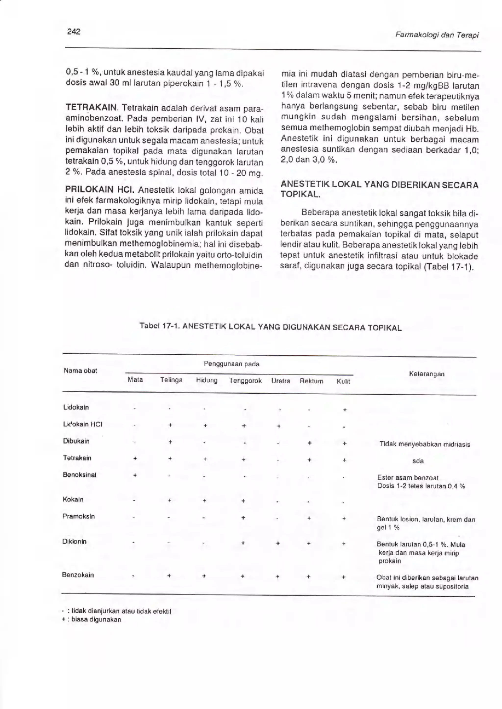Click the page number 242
click(74, 32)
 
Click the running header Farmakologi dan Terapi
click(437, 35)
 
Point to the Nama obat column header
click(80, 371)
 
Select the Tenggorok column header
click(245, 380)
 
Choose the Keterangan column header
click(427, 374)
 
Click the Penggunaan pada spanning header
click(232, 364)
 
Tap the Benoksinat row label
click(79, 475)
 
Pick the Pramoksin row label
click(78, 516)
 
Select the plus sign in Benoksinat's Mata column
click(135, 475)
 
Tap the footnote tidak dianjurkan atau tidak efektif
click(121, 611)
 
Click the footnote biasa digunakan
click(96, 619)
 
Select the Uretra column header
click(281, 381)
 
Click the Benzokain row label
click(78, 575)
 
